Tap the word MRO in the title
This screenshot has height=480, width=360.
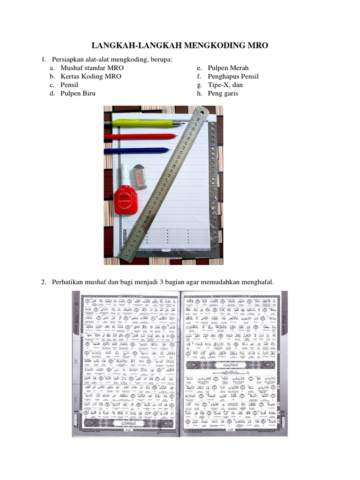[x=257, y=45]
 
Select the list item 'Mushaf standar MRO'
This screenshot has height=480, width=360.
[x=92, y=67]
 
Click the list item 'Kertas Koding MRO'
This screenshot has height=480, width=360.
[x=90, y=76]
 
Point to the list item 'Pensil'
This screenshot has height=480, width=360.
[x=69, y=85]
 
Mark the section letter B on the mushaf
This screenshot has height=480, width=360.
[x=76, y=362]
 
